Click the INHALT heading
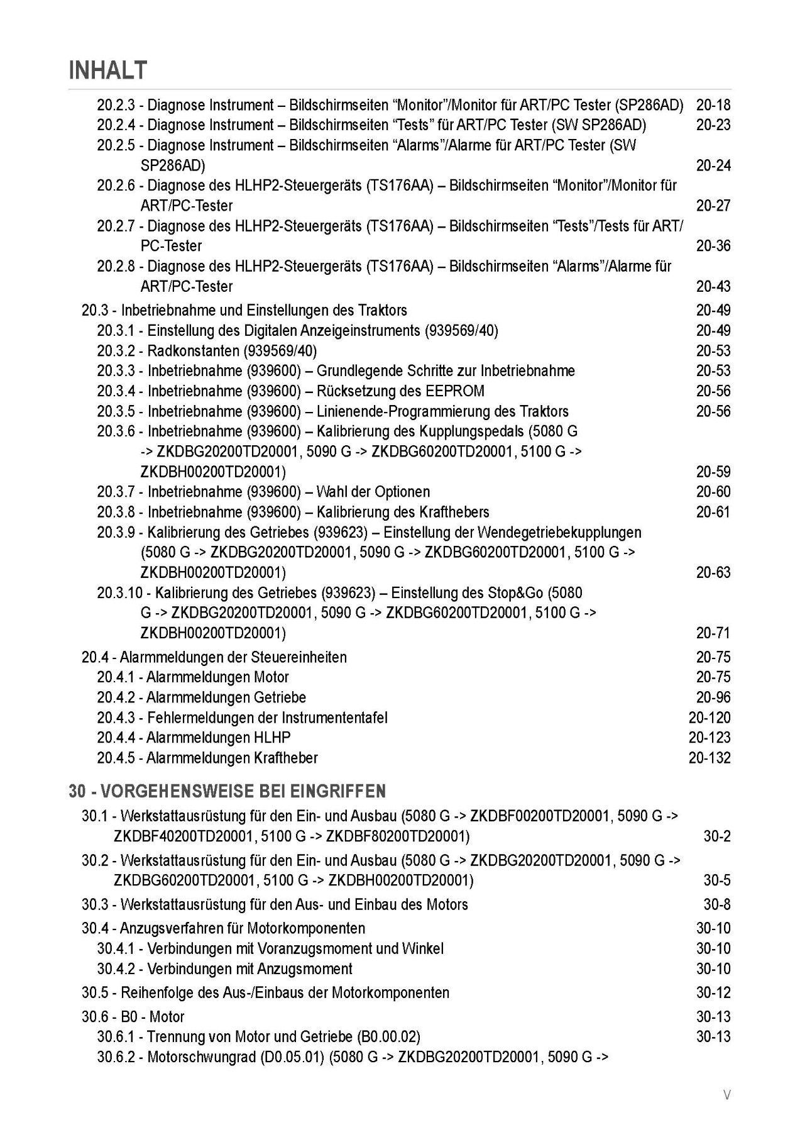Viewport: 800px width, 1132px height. [x=108, y=70]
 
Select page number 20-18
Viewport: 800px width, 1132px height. [x=713, y=105]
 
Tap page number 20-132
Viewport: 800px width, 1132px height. [x=710, y=758]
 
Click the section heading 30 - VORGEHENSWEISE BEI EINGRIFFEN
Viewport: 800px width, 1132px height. [x=227, y=791]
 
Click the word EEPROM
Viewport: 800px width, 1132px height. [x=452, y=391]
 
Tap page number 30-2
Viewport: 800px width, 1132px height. [x=717, y=836]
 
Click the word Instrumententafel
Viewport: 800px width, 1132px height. [x=334, y=718]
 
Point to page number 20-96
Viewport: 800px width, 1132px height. [x=713, y=697]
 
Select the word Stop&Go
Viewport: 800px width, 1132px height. [x=515, y=593]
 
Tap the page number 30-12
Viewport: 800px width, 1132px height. [x=713, y=993]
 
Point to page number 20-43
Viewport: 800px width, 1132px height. [x=713, y=287]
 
